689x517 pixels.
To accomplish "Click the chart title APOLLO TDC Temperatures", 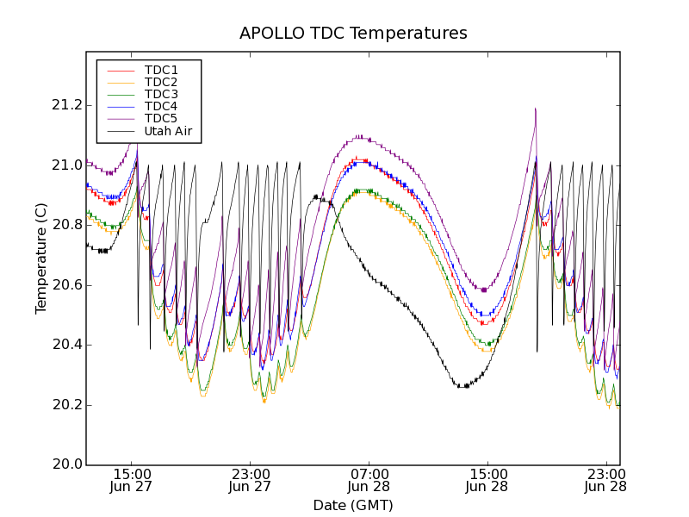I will (353, 34).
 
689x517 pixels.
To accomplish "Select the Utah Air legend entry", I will (167, 131).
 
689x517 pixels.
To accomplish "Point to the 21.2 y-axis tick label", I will (66, 105).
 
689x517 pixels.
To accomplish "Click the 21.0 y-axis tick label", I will (66, 165).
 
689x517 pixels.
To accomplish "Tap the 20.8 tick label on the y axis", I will (66, 225).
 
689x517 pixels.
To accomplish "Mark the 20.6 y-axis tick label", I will (66, 285).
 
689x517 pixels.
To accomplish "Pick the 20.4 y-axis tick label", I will (66, 345).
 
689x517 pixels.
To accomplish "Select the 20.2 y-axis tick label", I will (66, 405).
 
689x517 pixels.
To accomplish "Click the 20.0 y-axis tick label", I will (66, 464).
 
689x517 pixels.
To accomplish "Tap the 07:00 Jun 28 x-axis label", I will (369, 480).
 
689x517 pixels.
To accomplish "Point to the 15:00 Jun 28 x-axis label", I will (487, 480).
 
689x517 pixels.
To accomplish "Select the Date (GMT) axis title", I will (353, 505).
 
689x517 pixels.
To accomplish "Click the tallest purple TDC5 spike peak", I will (536, 109).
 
